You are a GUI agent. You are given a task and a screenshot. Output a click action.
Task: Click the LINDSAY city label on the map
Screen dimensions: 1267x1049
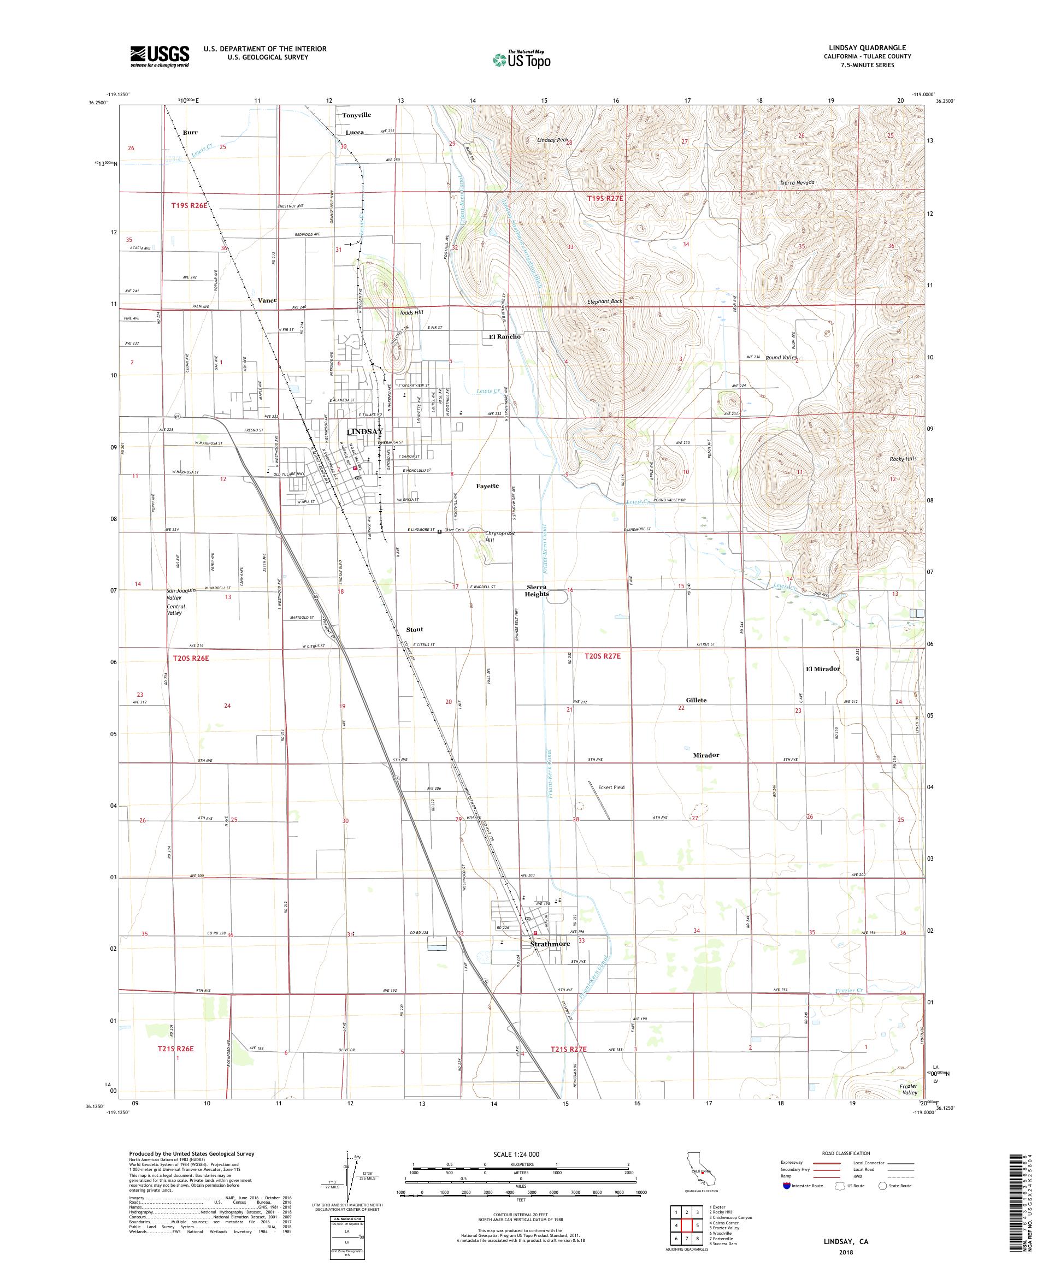(364, 432)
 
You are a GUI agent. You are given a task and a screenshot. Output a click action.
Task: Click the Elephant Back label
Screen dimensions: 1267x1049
(604, 301)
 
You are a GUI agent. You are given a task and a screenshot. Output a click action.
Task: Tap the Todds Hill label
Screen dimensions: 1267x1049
(411, 312)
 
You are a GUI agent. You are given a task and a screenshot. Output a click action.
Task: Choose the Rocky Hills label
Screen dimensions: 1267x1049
(903, 459)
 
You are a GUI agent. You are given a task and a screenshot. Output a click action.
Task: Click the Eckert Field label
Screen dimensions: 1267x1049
(611, 788)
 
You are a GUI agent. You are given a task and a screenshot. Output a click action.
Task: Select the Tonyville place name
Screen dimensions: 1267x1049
(356, 115)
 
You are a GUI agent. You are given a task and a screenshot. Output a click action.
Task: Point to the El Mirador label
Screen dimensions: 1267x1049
(823, 668)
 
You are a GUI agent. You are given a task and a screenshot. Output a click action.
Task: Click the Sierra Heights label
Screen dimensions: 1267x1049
(536, 590)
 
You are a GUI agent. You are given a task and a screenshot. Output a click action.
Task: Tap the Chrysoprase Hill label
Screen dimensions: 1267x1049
(498, 536)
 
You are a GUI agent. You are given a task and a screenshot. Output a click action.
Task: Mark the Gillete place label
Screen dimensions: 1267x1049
(696, 700)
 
